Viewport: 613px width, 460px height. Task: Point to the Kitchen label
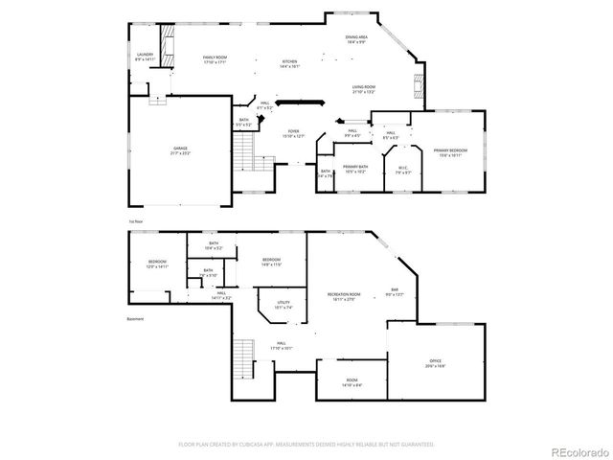pos(290,64)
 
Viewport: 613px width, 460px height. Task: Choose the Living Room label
pos(363,89)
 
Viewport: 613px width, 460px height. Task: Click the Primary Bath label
pos(355,169)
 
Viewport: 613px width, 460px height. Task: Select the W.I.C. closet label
pos(404,170)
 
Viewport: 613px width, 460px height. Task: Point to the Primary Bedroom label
pos(450,152)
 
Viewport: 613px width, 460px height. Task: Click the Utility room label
pos(283,306)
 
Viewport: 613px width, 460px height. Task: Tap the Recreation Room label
pos(346,296)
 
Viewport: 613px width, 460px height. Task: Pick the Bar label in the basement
pos(394,291)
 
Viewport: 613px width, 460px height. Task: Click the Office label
pos(435,364)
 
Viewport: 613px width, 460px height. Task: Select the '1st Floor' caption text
pos(135,220)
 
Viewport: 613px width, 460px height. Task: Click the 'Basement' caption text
pos(135,319)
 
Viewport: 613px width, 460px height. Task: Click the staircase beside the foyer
pos(248,149)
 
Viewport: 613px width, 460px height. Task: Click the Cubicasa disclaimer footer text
pos(306,445)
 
